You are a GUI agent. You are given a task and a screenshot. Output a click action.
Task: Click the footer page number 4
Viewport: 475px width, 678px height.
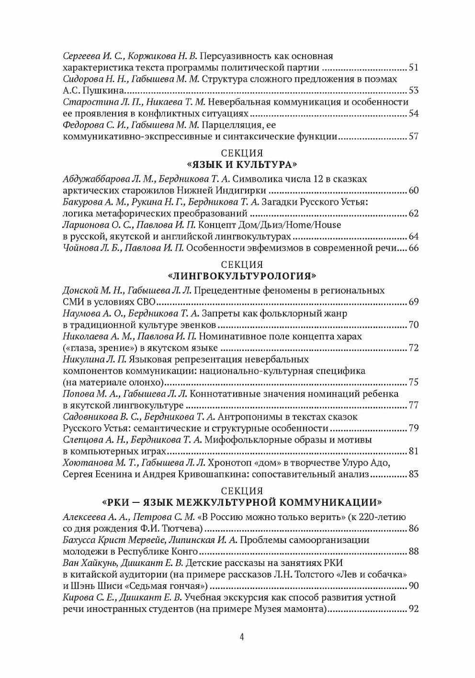click(x=242, y=636)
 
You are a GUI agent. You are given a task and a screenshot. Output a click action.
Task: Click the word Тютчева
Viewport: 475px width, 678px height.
click(x=185, y=529)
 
